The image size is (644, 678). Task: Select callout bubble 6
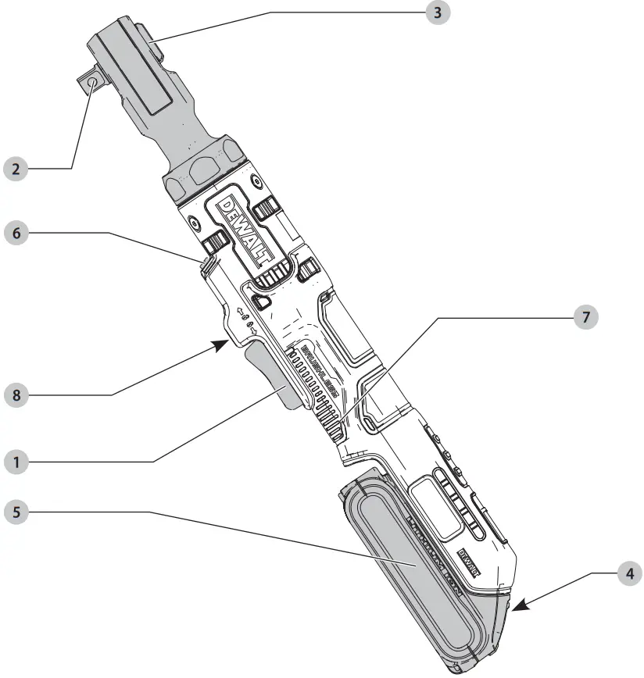(x=16, y=232)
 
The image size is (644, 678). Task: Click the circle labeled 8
(x=16, y=395)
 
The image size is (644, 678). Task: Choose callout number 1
(x=16, y=462)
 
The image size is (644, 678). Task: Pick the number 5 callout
(x=16, y=512)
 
